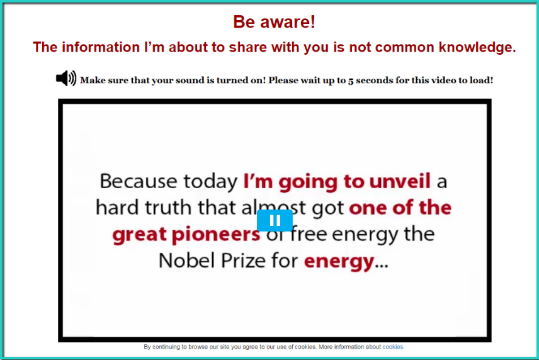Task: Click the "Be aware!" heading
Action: [274, 22]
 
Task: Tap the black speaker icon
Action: [66, 78]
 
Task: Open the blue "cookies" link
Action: [392, 347]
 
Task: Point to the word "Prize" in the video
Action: [243, 261]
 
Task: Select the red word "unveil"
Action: [399, 181]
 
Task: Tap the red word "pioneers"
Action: [215, 234]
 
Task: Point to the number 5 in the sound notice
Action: [351, 81]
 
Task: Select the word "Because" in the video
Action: [139, 181]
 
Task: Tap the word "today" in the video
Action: [210, 182]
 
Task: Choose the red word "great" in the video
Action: [140, 235]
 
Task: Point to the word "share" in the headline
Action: [248, 47]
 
